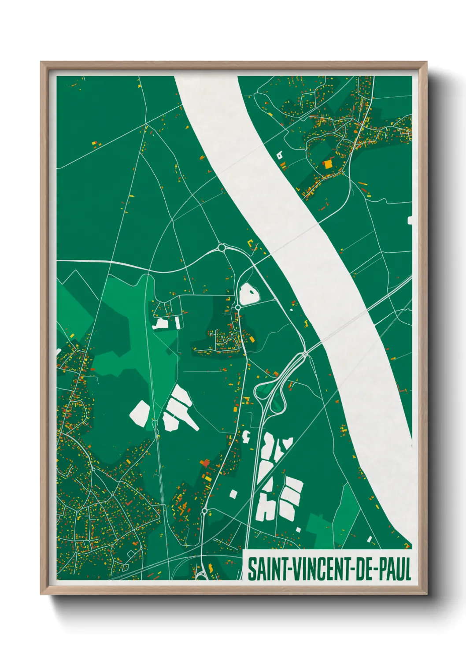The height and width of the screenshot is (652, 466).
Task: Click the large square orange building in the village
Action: (x=328, y=164)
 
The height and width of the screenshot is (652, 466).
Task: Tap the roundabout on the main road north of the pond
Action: (x=222, y=248)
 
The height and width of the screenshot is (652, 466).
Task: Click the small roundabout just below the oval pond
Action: (x=238, y=307)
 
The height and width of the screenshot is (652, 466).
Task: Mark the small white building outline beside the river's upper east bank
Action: (x=279, y=155)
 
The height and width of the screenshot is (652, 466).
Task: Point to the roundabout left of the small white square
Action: (x=204, y=511)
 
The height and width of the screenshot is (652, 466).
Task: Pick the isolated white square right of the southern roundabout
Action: (x=233, y=494)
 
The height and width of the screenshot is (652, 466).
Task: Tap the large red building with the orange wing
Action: (x=205, y=463)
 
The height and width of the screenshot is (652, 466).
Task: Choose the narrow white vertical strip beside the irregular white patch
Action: (x=178, y=323)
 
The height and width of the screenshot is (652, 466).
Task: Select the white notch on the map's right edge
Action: (x=410, y=220)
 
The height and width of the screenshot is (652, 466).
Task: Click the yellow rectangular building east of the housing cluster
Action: (x=251, y=339)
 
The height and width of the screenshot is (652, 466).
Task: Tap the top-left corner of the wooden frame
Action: (x=42, y=63)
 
